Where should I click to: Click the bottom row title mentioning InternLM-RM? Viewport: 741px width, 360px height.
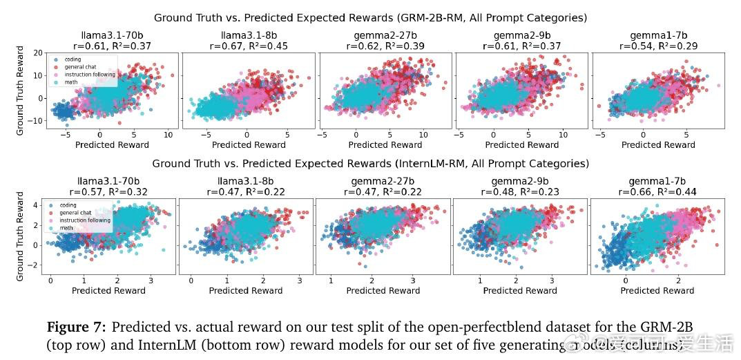(x=370, y=164)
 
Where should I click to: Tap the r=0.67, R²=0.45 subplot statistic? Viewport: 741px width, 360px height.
(x=249, y=46)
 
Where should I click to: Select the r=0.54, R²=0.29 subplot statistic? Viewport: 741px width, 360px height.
(x=658, y=46)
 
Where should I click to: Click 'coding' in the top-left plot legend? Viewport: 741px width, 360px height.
(x=68, y=59)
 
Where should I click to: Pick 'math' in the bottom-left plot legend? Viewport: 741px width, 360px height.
(x=66, y=227)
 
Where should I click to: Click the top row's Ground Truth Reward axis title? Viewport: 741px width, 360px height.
(x=20, y=91)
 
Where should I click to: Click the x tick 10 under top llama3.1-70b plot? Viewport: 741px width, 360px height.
(x=168, y=135)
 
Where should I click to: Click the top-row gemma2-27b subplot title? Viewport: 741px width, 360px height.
(x=385, y=36)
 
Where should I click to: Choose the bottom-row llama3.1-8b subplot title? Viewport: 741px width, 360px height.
(x=246, y=182)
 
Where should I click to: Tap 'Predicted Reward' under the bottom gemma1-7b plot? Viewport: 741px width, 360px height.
(x=657, y=291)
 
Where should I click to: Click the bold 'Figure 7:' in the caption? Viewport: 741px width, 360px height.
(x=76, y=327)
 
